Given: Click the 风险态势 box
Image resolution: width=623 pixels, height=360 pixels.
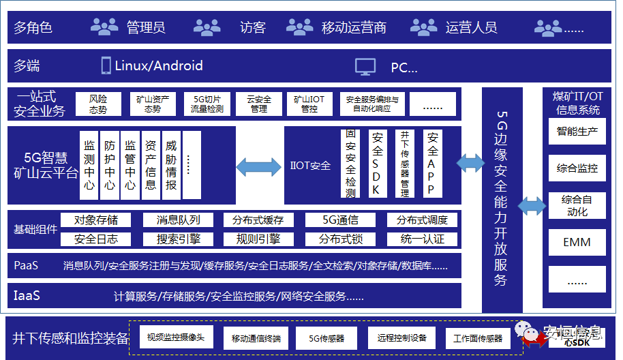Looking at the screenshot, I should coord(98,104).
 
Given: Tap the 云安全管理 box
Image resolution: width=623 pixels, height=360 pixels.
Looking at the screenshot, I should coord(259,104).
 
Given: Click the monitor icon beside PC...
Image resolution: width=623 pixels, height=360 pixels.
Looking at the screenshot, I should coord(365,66).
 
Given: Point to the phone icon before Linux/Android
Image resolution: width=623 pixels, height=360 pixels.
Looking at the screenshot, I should coord(106,65).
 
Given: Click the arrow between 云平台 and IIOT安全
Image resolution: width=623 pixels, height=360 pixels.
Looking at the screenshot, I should coord(258,166).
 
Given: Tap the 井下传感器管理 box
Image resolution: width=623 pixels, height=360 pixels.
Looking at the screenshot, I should coord(405,164).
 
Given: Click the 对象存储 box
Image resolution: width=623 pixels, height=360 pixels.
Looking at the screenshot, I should coord(96,220).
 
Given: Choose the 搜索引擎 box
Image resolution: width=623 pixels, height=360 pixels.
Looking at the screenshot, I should coord(179,239).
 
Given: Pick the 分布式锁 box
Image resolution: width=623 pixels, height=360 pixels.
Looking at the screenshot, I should coord(340,239).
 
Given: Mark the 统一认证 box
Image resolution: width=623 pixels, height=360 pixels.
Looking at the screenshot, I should coord(423,239).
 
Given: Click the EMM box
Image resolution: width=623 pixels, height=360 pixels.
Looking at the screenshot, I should coord(577,242).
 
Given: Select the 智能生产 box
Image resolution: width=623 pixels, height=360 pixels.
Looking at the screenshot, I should coord(577,132).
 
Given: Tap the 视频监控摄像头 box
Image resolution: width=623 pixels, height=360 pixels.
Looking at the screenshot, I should coord(176,337).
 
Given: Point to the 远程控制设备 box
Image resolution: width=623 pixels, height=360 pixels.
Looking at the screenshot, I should coord(401,337).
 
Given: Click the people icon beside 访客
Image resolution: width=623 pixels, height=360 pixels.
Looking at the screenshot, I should coord(207,27).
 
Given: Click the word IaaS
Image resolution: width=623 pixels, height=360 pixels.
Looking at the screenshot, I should coord(27,296).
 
